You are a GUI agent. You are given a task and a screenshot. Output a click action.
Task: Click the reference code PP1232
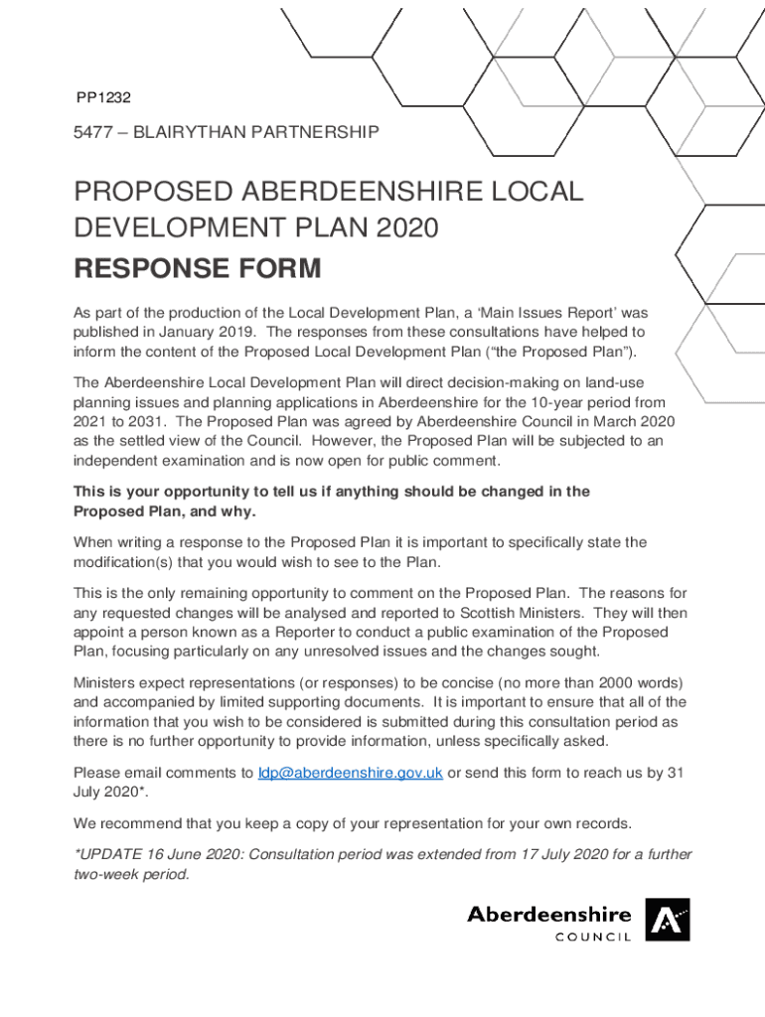click(x=104, y=97)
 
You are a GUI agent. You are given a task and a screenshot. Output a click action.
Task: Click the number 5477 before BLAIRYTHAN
click(x=94, y=131)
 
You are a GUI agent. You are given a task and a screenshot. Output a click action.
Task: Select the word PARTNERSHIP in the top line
click(x=318, y=131)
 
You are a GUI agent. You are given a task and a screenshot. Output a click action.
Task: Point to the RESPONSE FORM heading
click(x=198, y=268)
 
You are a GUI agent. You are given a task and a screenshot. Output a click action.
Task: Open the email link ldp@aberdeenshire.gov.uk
click(x=350, y=774)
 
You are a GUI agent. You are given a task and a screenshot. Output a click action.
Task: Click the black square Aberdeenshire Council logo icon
click(x=667, y=920)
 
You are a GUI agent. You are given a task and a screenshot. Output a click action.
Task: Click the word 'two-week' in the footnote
click(x=105, y=874)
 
